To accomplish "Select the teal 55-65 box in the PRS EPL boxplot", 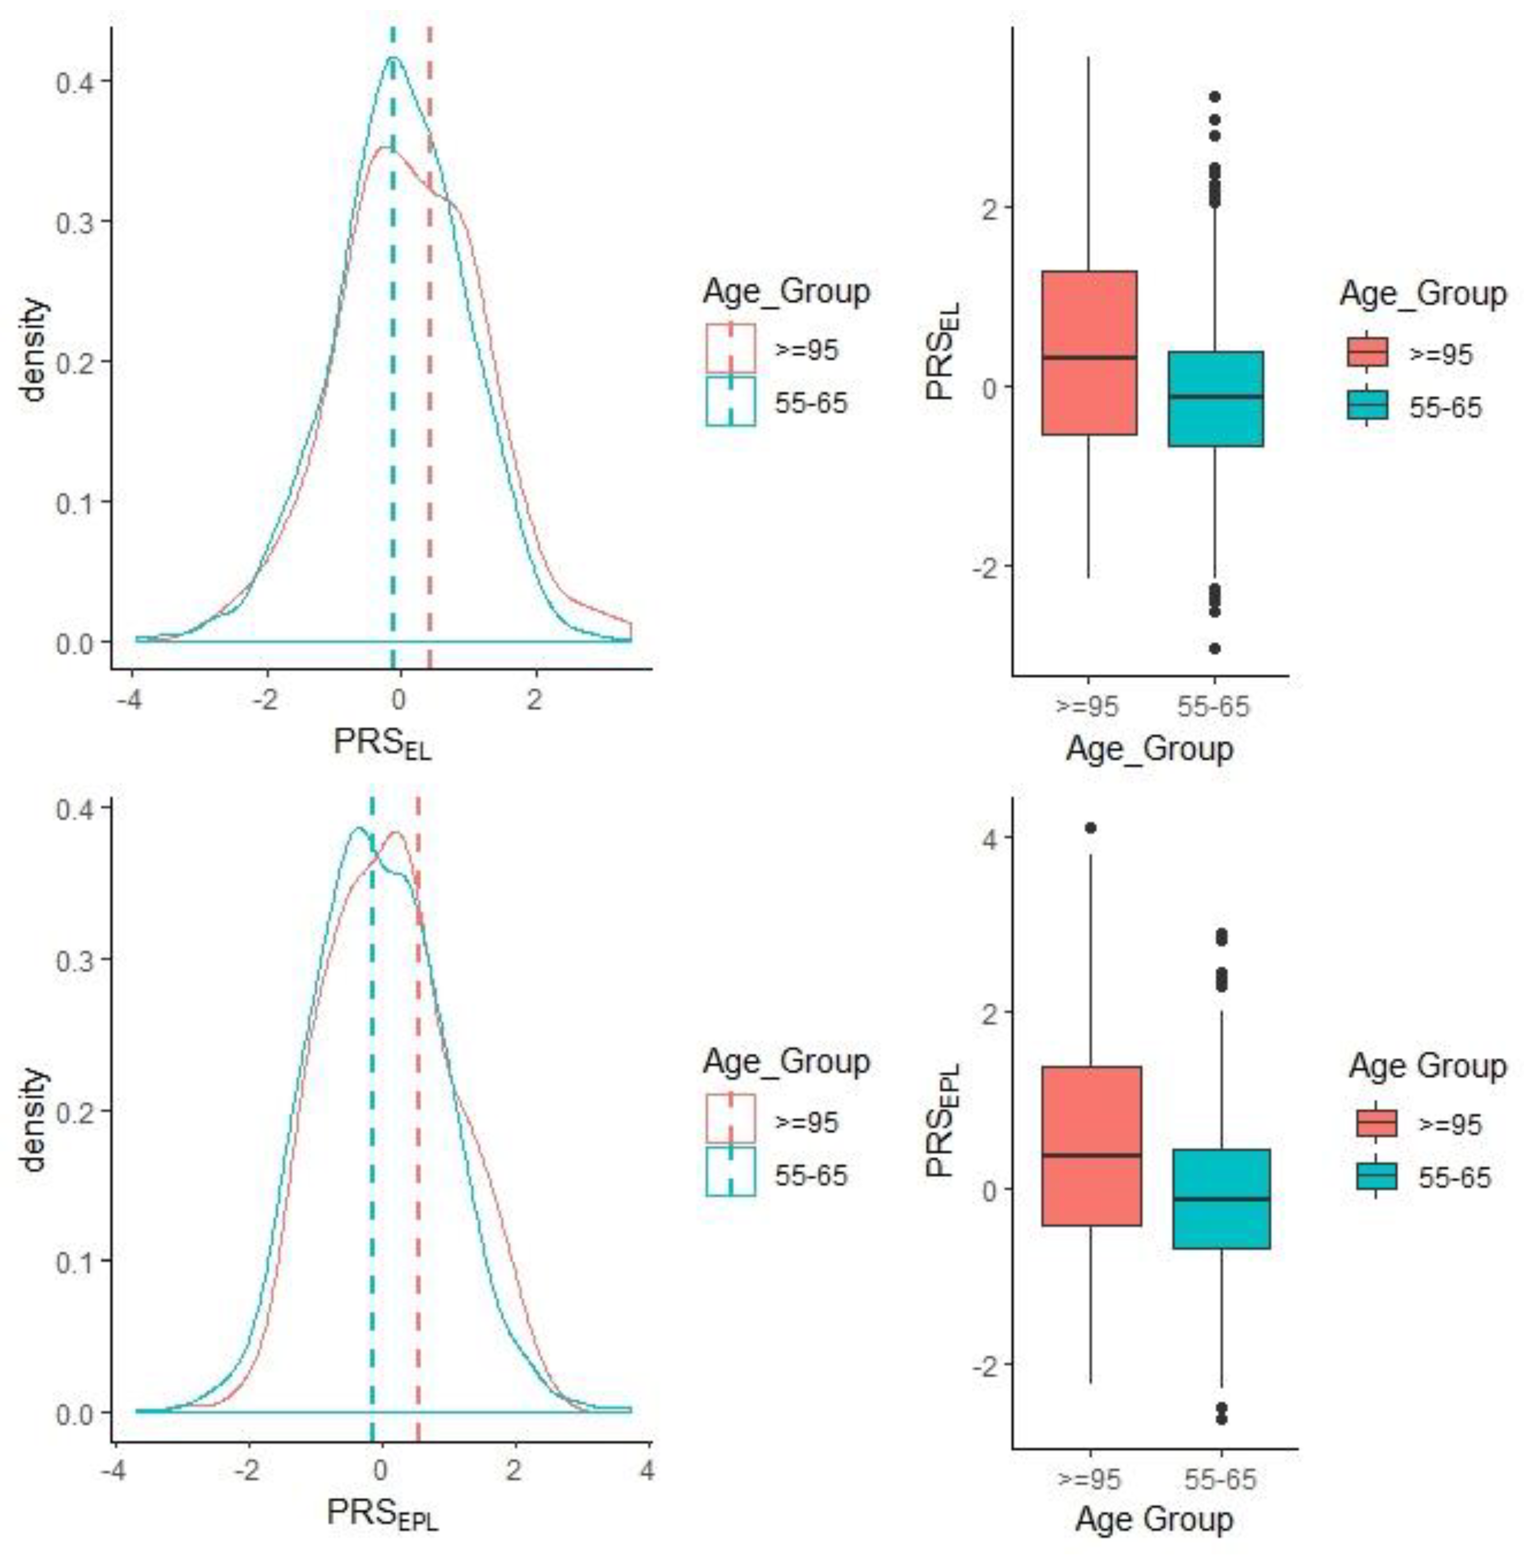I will click(x=1221, y=1198).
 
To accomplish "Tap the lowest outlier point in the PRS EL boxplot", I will click(x=1214, y=648).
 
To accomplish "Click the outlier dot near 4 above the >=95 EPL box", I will click(x=1090, y=828).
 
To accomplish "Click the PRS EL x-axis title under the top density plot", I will click(x=382, y=743).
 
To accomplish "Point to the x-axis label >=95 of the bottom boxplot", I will click(x=1088, y=1478).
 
